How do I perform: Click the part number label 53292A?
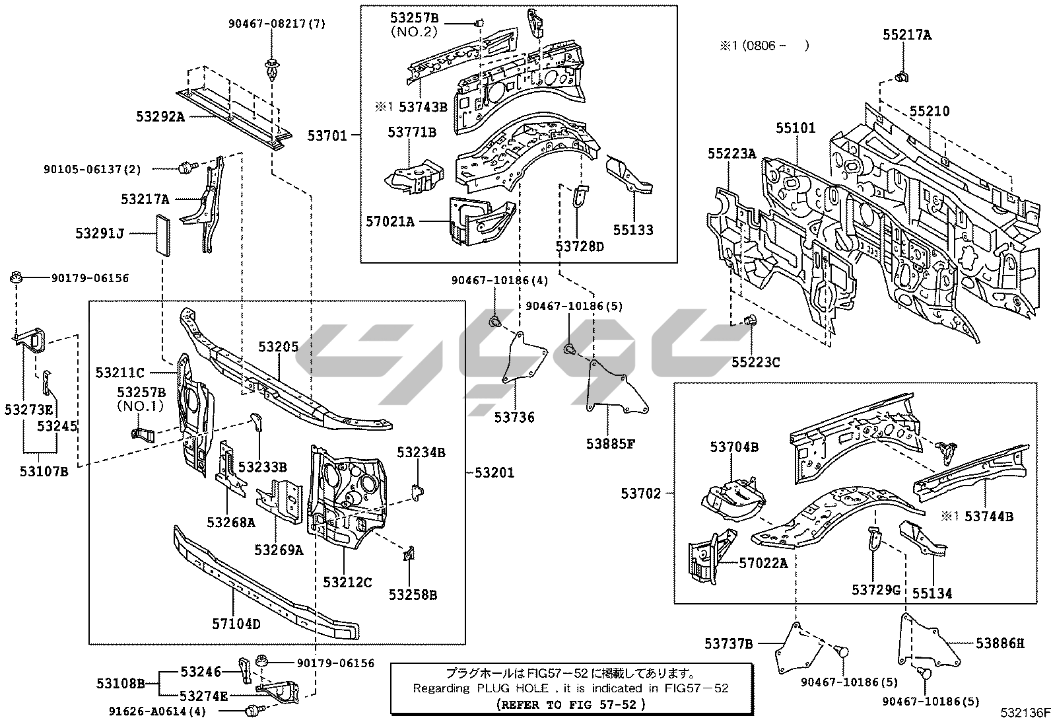pyautogui.click(x=160, y=117)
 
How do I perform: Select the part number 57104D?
pyautogui.click(x=236, y=624)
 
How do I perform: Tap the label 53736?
pyautogui.click(x=514, y=417)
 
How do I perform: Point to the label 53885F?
pyautogui.click(x=610, y=444)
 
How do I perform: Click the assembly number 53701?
pyautogui.click(x=327, y=135)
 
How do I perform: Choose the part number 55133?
pyautogui.click(x=633, y=230)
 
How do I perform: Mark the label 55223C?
pyautogui.click(x=755, y=362)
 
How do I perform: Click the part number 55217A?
pyautogui.click(x=907, y=35)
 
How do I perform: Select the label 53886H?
pyautogui.click(x=1000, y=642)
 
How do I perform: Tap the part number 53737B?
pyautogui.click(x=728, y=643)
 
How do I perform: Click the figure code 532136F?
pyautogui.click(x=1023, y=713)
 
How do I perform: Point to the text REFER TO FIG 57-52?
pyautogui.click(x=570, y=704)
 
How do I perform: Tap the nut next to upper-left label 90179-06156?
pyautogui.click(x=18, y=278)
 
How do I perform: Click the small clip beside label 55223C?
pyautogui.click(x=749, y=321)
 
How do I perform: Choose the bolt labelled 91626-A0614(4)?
pyautogui.click(x=251, y=711)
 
